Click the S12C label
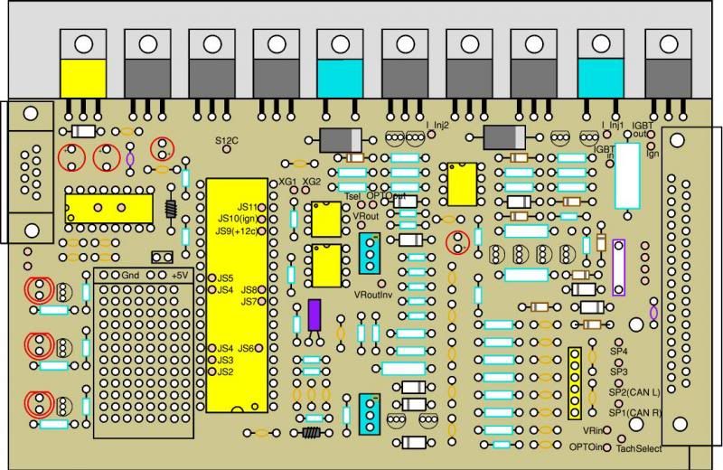(x=226, y=141)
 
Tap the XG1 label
(x=288, y=182)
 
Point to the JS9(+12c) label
(x=237, y=231)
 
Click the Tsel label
(x=353, y=196)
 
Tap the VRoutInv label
(x=371, y=295)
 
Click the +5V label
(x=180, y=274)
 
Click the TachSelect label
(x=639, y=448)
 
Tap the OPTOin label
(x=587, y=446)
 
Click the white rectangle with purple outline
(x=619, y=268)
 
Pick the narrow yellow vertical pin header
(x=574, y=383)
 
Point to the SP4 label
(x=618, y=351)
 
